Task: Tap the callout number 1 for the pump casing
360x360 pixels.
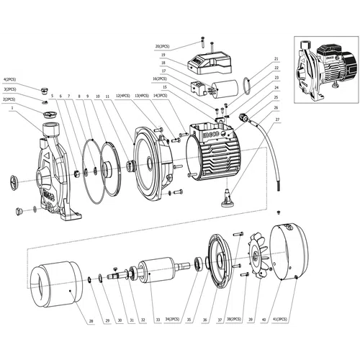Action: click(x=12, y=107)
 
